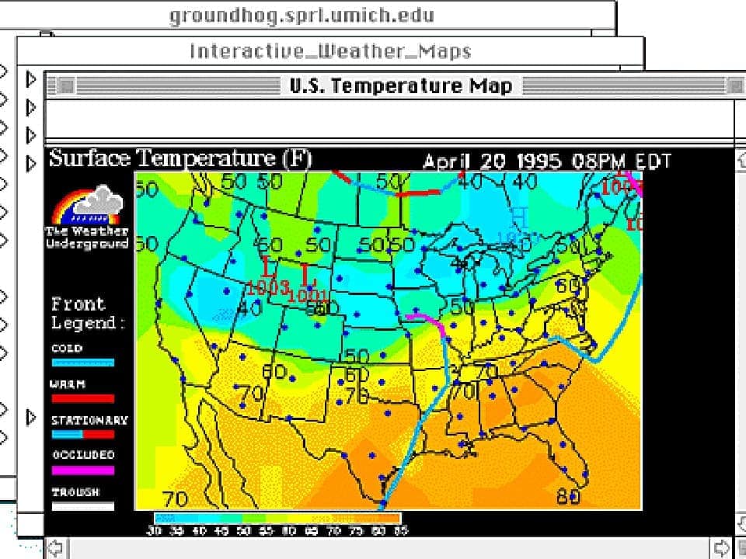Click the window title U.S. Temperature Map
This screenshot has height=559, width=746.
click(x=400, y=85)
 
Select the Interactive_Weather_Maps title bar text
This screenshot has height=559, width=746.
click(x=330, y=51)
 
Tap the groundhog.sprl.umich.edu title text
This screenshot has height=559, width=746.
click(x=302, y=16)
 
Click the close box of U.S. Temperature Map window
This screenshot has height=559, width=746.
click(x=66, y=85)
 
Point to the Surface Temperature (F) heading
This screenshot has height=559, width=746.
click(x=180, y=158)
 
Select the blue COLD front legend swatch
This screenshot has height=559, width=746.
click(x=82, y=363)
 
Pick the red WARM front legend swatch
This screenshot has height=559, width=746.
click(x=82, y=398)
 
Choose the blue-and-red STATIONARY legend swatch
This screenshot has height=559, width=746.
click(x=82, y=434)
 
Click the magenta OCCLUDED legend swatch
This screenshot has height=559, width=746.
click(x=82, y=470)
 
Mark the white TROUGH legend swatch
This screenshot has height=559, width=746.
click(x=82, y=506)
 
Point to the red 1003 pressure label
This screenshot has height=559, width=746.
click(x=268, y=287)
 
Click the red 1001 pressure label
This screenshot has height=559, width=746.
click(x=308, y=295)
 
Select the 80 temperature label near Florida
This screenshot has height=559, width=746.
click(x=569, y=497)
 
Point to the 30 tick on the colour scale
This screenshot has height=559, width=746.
click(x=154, y=531)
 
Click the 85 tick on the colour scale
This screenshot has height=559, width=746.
click(x=401, y=531)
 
